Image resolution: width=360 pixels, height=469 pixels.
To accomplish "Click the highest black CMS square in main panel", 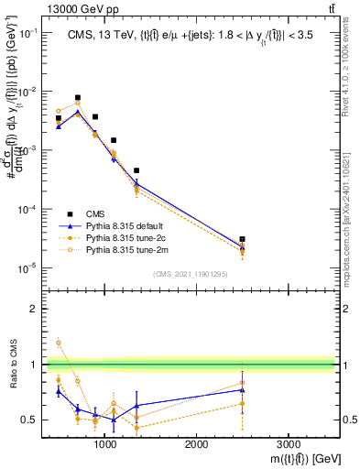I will (78, 97).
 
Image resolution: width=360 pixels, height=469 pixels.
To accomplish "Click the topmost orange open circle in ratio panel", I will (60, 343).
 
